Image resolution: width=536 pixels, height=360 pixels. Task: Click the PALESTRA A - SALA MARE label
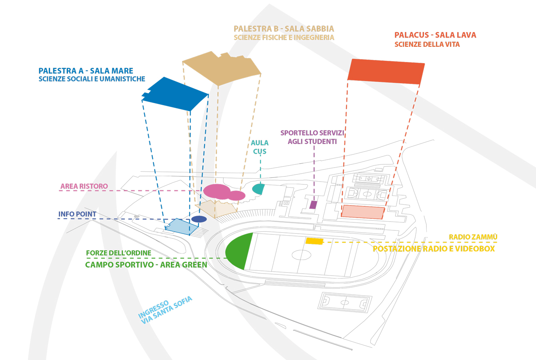tap(86, 71)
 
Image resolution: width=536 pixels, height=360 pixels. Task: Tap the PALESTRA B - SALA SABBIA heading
tap(283, 29)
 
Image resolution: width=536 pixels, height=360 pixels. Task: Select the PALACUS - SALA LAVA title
tap(435, 35)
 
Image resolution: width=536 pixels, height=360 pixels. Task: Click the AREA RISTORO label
tap(84, 186)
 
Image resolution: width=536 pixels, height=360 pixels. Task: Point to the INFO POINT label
tap(77, 214)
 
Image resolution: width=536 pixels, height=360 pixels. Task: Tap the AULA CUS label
tap(260, 147)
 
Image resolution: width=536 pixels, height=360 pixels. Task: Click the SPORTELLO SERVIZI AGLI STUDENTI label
tap(312, 137)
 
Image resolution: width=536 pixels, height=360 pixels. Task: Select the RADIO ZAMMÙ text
tap(473, 237)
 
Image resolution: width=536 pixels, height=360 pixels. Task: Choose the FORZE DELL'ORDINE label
tap(118, 253)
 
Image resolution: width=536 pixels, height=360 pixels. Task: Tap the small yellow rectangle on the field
tap(314, 241)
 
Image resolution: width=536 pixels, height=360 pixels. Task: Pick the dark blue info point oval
tap(199, 219)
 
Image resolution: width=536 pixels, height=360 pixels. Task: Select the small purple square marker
tap(313, 205)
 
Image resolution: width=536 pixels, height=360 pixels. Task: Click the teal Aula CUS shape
tap(259, 188)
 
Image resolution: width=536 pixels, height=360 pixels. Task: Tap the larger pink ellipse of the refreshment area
tap(217, 191)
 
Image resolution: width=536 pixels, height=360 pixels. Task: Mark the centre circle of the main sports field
tap(301, 255)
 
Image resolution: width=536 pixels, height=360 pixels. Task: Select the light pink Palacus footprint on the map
tap(363, 212)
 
